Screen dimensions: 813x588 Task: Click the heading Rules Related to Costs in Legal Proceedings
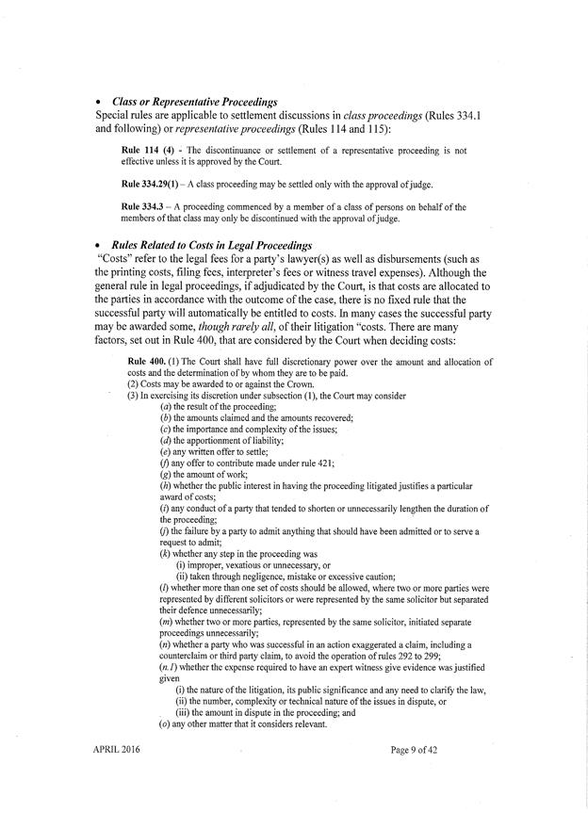pos(213,246)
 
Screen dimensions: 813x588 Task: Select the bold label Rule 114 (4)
pos(149,150)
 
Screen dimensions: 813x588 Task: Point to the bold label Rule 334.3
pos(145,205)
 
